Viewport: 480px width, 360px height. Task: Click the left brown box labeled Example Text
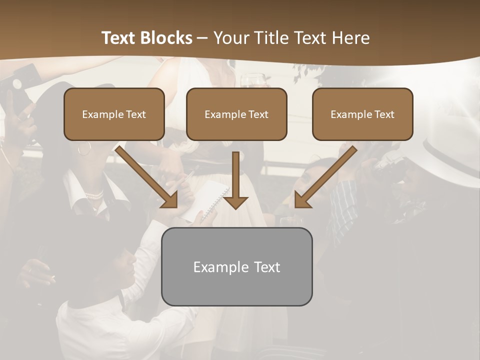coord(114,114)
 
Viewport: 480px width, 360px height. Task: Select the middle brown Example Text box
coord(236,114)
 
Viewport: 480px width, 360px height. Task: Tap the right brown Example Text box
coord(362,114)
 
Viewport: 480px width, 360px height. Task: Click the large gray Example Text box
coord(236,266)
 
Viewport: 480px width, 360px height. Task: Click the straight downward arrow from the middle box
coord(235,180)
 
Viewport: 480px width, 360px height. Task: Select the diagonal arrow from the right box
coord(325,177)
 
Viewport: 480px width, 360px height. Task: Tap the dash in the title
coord(202,38)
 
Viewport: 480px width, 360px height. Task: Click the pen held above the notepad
coord(189,175)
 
